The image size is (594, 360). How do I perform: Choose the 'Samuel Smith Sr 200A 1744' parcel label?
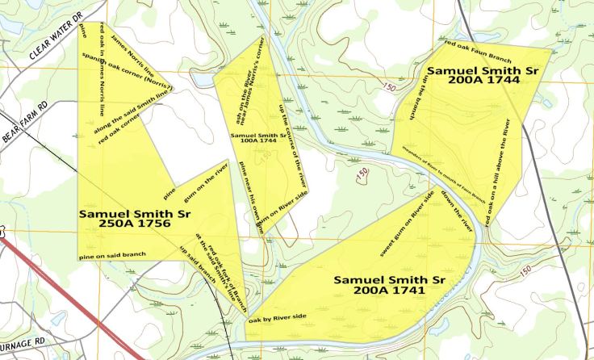(x=482, y=77)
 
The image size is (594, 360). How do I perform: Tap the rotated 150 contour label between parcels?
(x=362, y=174)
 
